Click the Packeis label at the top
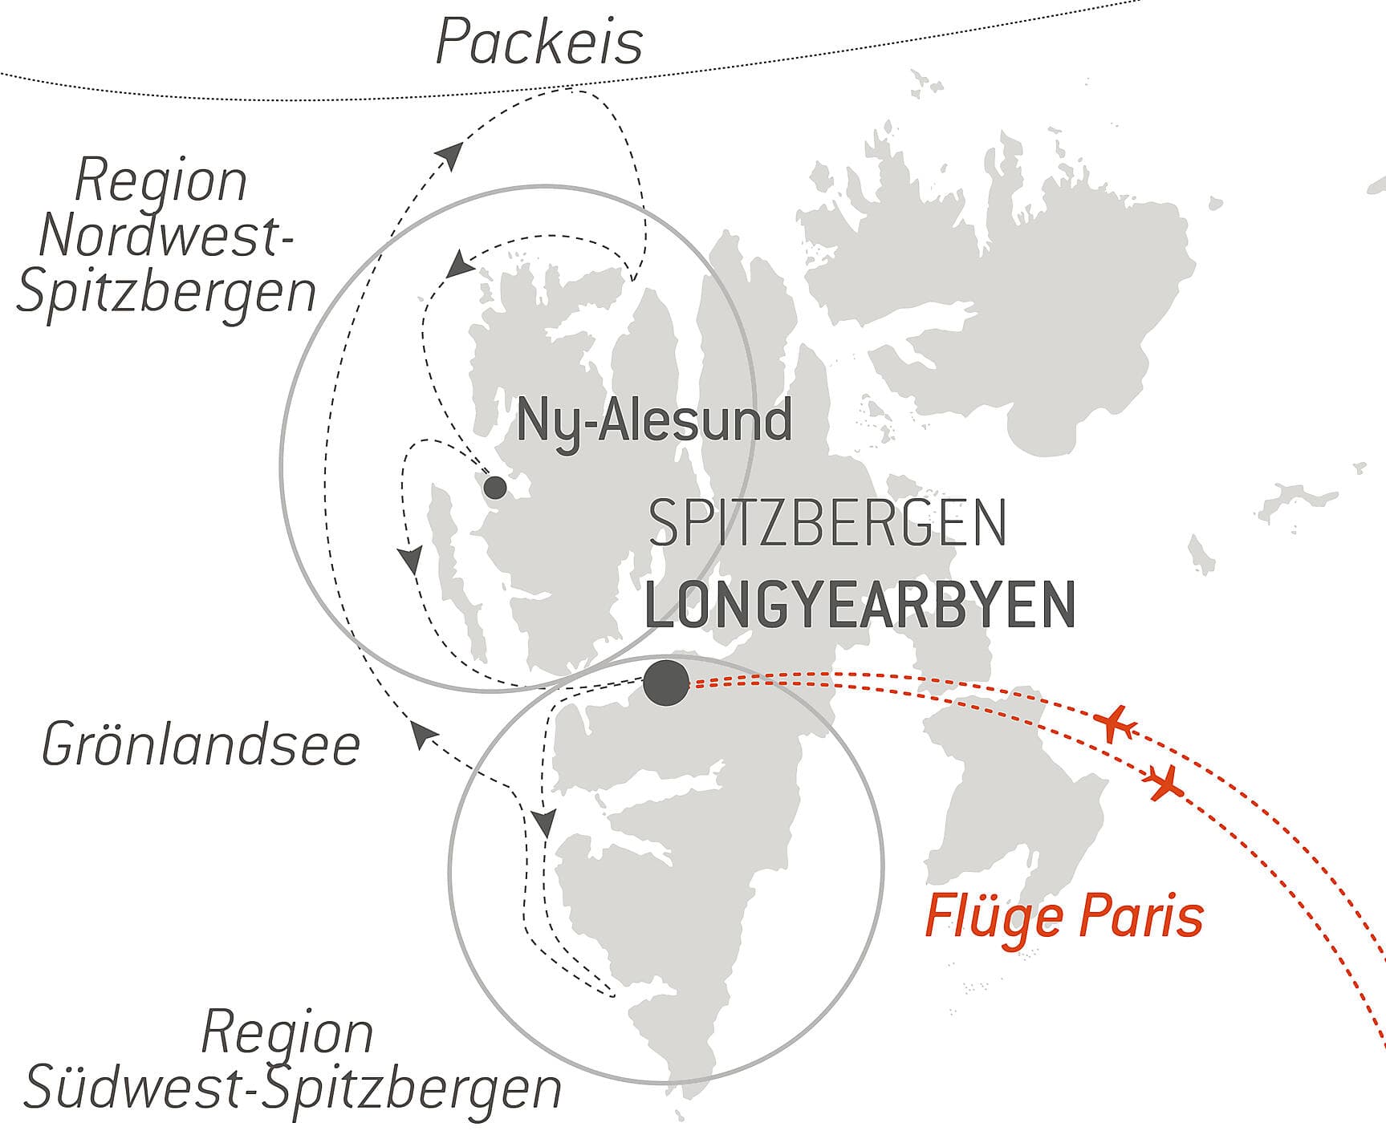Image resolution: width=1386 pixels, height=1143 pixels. (539, 42)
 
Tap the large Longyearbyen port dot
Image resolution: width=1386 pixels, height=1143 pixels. (667, 683)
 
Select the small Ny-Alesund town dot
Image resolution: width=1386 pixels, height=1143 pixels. (495, 487)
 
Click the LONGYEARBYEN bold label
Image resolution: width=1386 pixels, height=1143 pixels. (860, 607)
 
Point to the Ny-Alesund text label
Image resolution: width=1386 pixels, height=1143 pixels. (654, 421)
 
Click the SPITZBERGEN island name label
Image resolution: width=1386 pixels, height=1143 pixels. (827, 524)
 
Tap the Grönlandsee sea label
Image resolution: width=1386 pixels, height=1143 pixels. (201, 745)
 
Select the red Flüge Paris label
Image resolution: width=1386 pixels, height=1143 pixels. (1064, 917)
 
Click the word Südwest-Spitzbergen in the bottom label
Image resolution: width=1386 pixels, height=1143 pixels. (293, 1088)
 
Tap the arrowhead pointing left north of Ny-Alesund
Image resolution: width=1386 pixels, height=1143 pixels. (460, 265)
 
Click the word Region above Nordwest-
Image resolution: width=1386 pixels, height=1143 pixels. (161, 181)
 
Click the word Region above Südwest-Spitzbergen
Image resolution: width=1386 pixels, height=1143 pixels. (287, 1033)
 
